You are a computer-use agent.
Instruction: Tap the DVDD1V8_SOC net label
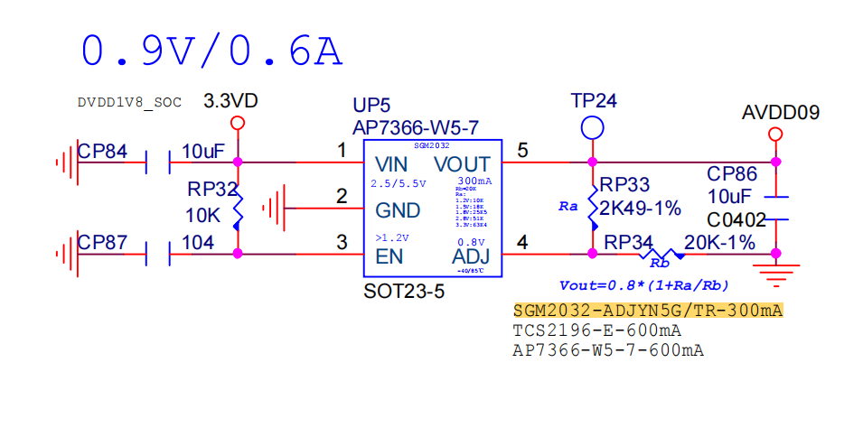click(129, 103)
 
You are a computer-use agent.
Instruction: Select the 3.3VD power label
click(231, 100)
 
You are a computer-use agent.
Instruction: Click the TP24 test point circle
click(592, 127)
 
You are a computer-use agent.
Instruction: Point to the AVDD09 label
click(780, 113)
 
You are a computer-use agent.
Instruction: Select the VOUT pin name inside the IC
click(462, 164)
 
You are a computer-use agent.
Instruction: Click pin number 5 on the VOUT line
click(522, 151)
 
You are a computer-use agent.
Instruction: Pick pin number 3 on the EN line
click(342, 242)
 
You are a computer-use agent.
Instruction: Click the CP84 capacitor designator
click(102, 151)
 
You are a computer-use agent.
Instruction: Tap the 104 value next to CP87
click(198, 242)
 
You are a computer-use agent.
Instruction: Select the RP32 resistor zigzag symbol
click(238, 209)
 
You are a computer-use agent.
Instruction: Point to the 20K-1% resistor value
click(719, 242)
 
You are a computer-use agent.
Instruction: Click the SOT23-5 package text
click(404, 293)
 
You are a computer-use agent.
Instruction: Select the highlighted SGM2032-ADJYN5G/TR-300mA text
click(648, 311)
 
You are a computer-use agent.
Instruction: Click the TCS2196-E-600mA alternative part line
click(596, 330)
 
